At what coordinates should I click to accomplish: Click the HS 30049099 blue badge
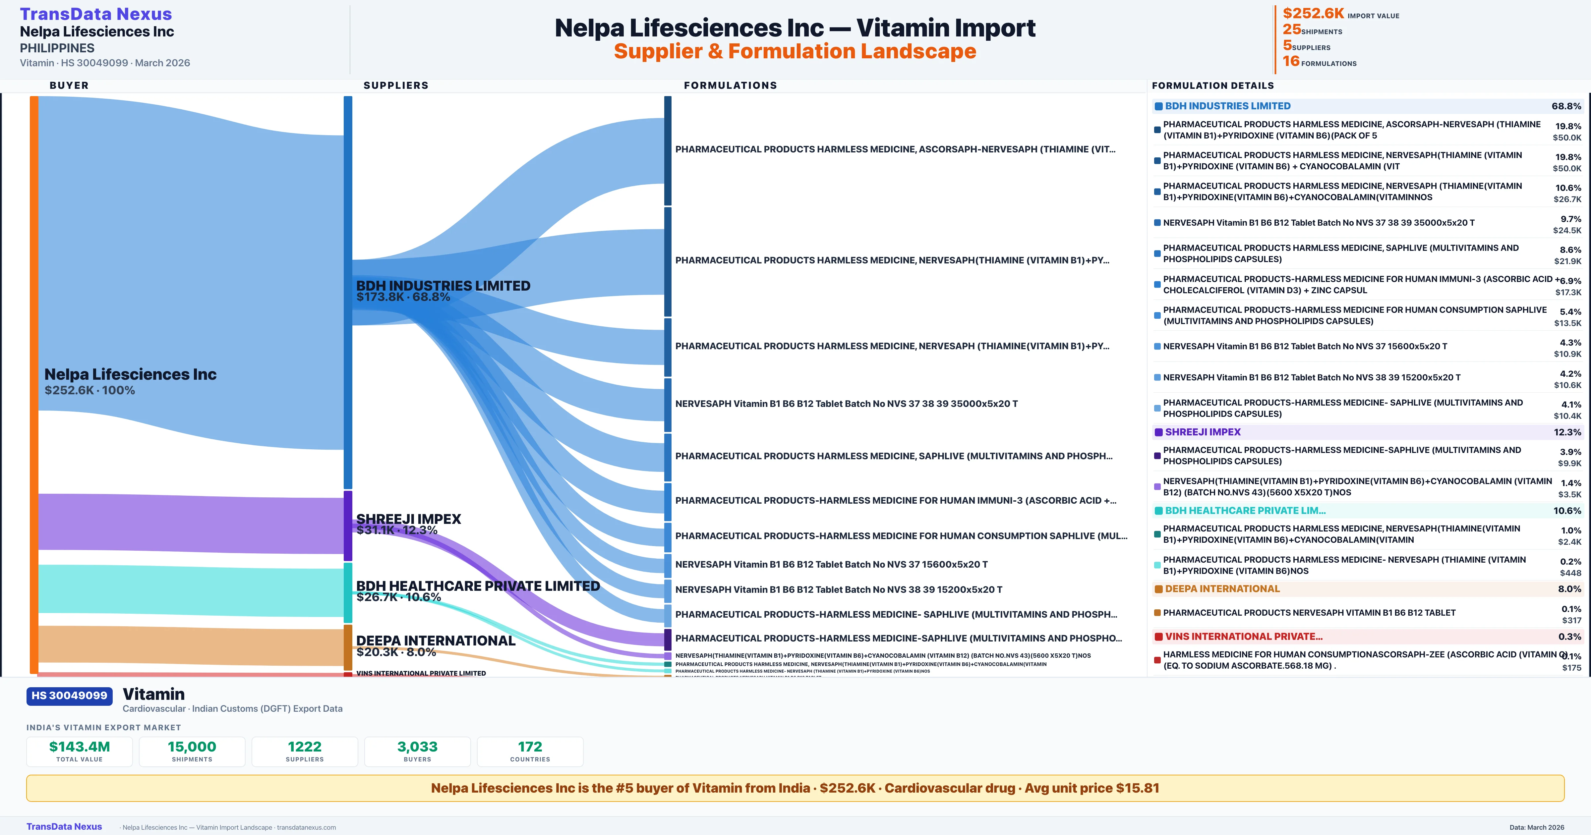tap(69, 696)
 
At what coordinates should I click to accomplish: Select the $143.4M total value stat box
tap(80, 751)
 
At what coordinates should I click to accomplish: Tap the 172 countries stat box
tap(530, 751)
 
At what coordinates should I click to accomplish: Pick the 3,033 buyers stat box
tap(418, 751)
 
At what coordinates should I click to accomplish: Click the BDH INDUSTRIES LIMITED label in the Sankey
tap(443, 286)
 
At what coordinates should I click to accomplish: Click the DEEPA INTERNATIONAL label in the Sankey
tap(436, 640)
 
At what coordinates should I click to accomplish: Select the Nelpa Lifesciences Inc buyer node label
tap(130, 374)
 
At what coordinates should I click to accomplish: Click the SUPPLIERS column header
tap(396, 85)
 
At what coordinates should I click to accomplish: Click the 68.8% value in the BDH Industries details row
tap(1566, 106)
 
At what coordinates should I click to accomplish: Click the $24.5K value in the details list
tap(1567, 230)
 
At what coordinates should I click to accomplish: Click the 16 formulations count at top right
tap(1291, 61)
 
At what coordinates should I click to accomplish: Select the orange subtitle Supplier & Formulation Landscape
tap(795, 51)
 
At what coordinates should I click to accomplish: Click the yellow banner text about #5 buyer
tap(795, 788)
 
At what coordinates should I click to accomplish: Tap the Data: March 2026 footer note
tap(1537, 827)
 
